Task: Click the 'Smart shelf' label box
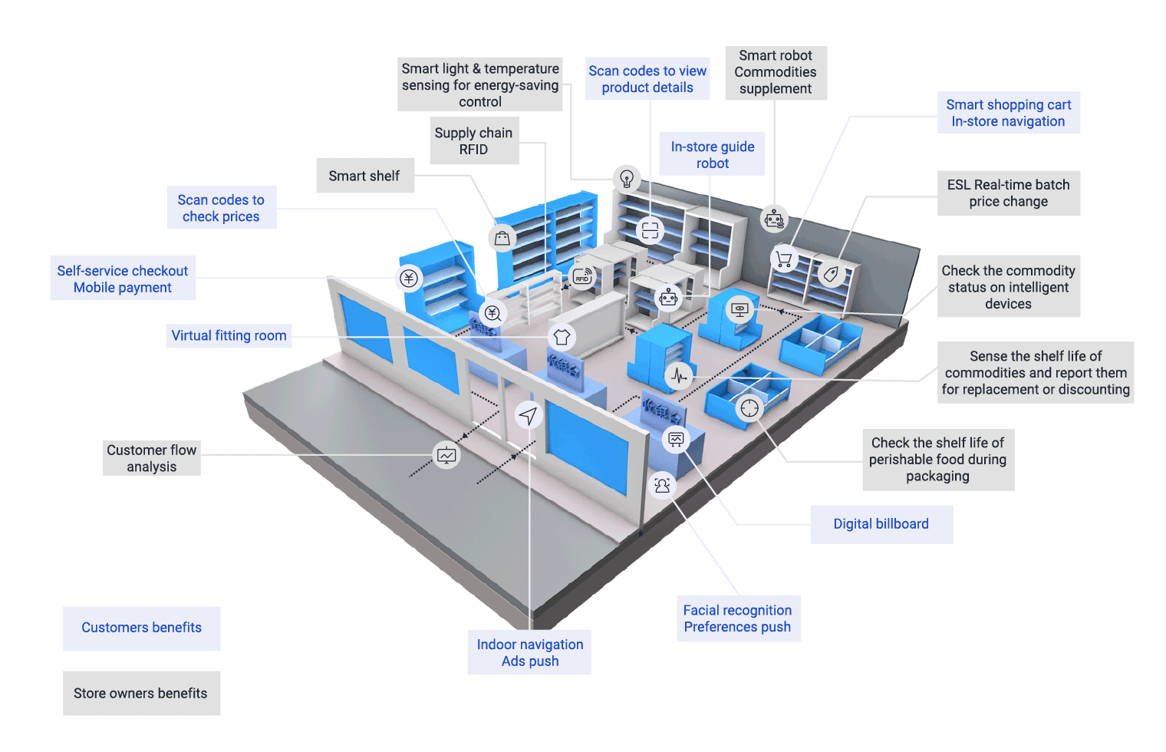pyautogui.click(x=365, y=176)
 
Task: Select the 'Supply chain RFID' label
pyautogui.click(x=474, y=140)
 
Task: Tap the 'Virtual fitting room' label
pyautogui.click(x=229, y=335)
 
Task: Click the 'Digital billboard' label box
pyautogui.click(x=881, y=524)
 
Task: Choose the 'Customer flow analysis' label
pyautogui.click(x=151, y=458)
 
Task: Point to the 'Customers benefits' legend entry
pyautogui.click(x=142, y=628)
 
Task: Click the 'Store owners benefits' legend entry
pyautogui.click(x=142, y=693)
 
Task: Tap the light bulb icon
pyautogui.click(x=627, y=179)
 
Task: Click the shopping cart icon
pyautogui.click(x=784, y=259)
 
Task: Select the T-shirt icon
pyautogui.click(x=562, y=337)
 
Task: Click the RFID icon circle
pyautogui.click(x=582, y=276)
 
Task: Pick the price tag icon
pyautogui.click(x=832, y=273)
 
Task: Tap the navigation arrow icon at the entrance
pyautogui.click(x=529, y=416)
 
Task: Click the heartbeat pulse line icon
pyautogui.click(x=680, y=375)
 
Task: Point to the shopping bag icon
pyautogui.click(x=502, y=239)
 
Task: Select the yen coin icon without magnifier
pyautogui.click(x=409, y=278)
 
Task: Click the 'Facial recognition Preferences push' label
pyautogui.click(x=738, y=618)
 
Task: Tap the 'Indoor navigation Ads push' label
pyautogui.click(x=530, y=652)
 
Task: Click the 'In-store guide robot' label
pyautogui.click(x=712, y=155)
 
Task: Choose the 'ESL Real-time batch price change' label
pyautogui.click(x=1009, y=193)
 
